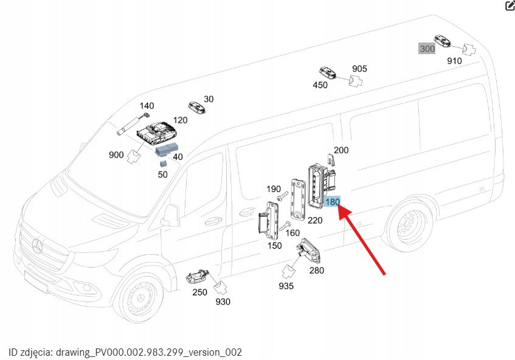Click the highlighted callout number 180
333,202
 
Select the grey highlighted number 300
427,49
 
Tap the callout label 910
454,61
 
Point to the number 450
320,85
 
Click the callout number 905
359,69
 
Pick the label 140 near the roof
147,106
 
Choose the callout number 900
116,155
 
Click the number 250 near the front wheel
199,292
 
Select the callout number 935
286,286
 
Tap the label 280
317,271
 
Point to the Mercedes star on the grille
38,246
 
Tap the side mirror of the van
170,216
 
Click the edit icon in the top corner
510,6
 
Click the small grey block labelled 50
164,163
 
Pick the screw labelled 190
282,198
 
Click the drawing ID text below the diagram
125,352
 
